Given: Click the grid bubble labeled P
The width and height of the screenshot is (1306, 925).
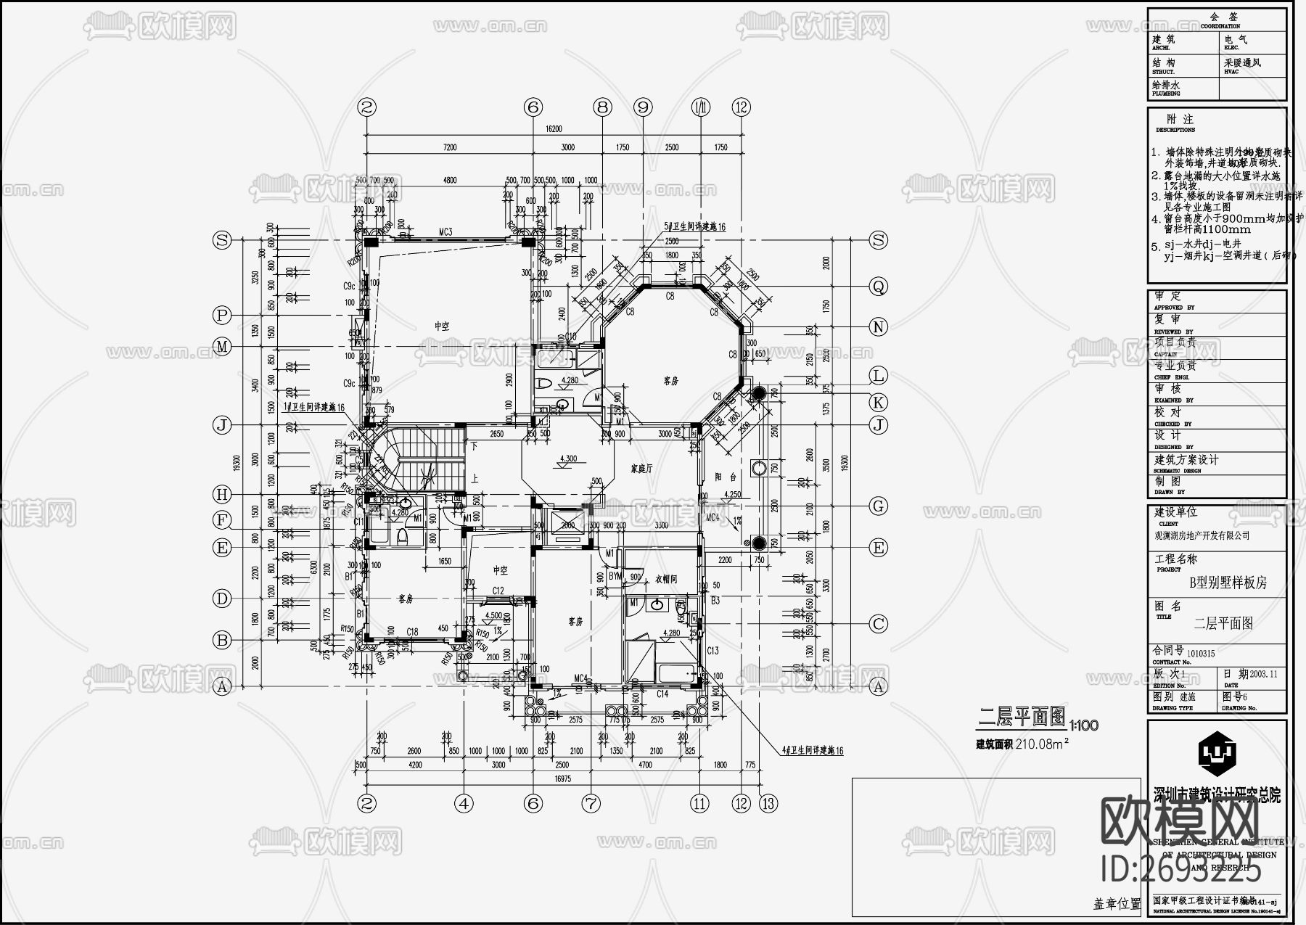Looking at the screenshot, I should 222,316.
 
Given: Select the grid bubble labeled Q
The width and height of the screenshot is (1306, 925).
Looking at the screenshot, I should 879,287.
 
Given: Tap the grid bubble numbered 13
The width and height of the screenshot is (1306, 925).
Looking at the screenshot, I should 768,803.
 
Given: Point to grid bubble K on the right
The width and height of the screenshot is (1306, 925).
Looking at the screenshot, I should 879,402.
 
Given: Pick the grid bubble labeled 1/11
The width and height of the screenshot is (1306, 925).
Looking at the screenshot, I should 701,107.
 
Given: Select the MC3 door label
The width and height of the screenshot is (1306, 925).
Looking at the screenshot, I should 445,232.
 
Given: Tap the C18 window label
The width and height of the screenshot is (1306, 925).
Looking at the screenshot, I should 412,632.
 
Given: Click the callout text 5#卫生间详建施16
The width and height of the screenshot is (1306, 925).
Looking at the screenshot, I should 694,227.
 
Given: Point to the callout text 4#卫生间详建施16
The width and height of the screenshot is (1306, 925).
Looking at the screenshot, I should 813,751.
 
